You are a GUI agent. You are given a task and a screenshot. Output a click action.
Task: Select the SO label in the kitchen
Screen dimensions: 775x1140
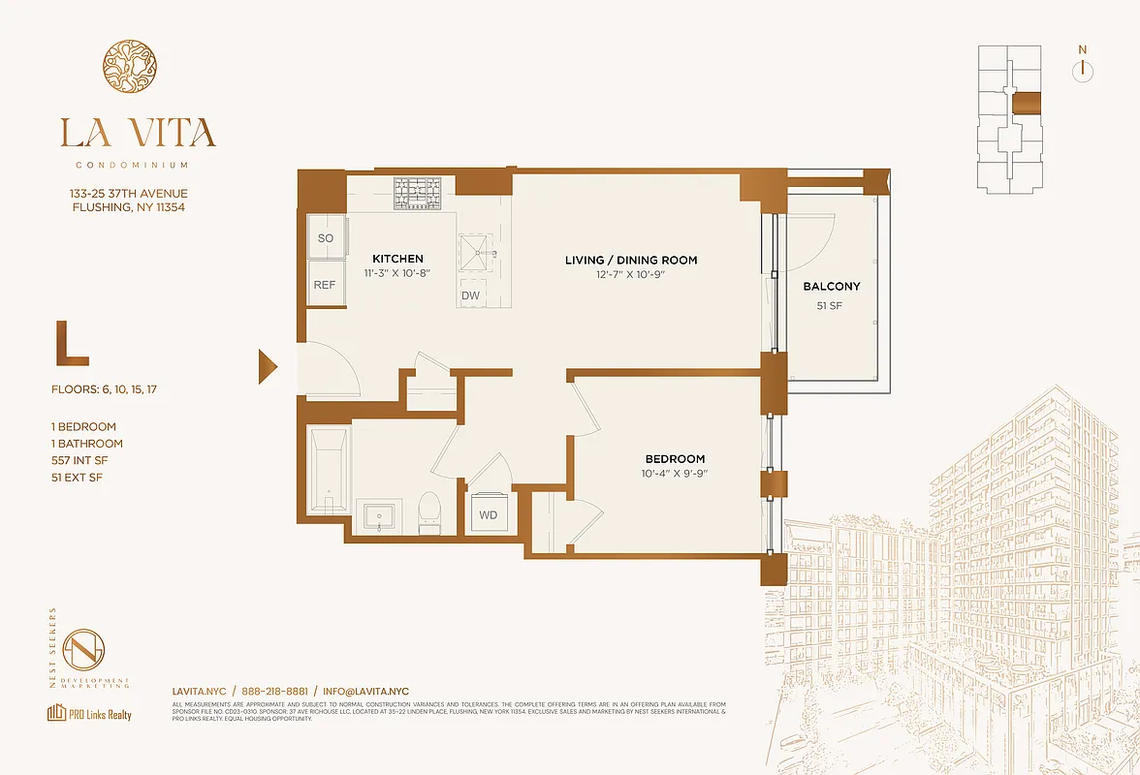coord(326,238)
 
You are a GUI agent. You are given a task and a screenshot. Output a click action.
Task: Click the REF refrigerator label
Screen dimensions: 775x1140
coord(325,286)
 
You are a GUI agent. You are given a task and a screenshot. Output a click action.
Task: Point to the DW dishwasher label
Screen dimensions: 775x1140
coord(470,294)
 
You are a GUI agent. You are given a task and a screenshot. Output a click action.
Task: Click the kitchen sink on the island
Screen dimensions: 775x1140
coord(481,255)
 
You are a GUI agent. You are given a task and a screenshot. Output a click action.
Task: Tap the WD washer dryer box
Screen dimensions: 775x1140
coord(488,514)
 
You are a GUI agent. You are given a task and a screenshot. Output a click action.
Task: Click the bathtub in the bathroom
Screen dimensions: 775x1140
coord(328,472)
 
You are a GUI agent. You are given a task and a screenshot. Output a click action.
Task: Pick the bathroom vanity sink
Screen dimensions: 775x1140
coord(378,515)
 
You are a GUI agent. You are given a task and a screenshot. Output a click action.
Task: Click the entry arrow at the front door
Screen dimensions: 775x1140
coord(268,367)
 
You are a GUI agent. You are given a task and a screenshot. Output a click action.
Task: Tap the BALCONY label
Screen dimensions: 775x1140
coord(831,287)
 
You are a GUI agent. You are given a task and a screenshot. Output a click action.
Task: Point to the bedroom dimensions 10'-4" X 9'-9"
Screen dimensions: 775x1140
coord(675,474)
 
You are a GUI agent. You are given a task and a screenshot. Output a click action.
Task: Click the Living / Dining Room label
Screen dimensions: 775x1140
coord(631,260)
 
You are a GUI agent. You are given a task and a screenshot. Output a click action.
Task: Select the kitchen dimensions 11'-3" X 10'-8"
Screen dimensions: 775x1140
coord(397,274)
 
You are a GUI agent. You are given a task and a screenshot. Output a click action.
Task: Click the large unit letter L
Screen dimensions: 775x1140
coord(72,347)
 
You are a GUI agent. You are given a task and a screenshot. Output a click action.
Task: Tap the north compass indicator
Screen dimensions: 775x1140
coord(1083,70)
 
